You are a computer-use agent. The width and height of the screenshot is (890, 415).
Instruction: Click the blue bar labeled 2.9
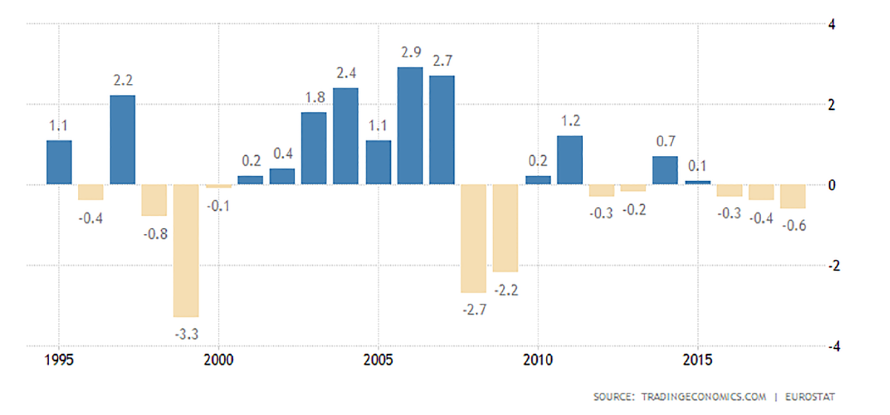point(410,125)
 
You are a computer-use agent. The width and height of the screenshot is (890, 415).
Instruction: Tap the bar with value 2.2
point(122,140)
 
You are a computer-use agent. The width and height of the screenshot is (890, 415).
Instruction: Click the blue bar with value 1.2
point(570,160)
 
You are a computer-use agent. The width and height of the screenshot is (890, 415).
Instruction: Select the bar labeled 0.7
point(665,170)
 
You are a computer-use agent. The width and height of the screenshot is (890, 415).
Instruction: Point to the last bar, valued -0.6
point(793,196)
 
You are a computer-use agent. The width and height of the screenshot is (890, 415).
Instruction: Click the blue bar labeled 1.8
point(314,148)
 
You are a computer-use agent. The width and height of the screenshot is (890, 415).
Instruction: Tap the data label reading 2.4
point(346,73)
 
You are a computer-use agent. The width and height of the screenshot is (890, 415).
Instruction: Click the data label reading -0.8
point(154,234)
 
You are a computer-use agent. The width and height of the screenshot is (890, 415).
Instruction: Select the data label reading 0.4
point(283,154)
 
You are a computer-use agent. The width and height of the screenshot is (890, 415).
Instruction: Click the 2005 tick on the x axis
point(378,361)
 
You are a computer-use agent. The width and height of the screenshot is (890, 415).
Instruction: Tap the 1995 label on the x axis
point(59,361)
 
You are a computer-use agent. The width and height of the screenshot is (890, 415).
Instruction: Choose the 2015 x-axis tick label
point(697,361)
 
